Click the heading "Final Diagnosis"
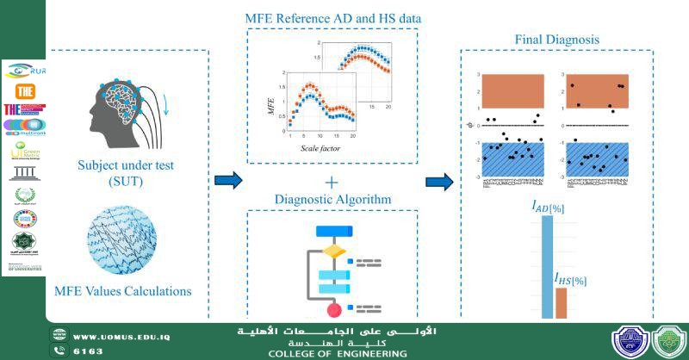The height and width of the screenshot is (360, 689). (557, 40)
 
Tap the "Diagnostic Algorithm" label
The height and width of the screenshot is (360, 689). (332, 199)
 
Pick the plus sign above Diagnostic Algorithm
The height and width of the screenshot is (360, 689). (332, 182)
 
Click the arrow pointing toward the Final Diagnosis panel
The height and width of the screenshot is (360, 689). (440, 182)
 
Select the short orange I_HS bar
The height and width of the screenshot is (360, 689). (562, 303)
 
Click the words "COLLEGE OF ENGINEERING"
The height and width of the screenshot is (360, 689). (338, 354)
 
